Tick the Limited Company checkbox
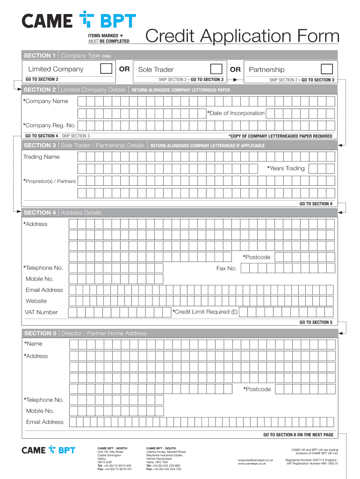point(106,69)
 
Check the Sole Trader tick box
point(216,69)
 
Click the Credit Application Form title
point(242,37)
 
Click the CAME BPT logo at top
point(79,21)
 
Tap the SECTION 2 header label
point(40,90)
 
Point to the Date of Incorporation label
point(237,113)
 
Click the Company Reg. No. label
point(50,125)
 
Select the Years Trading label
point(286,168)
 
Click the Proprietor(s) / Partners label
point(50,181)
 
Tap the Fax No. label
point(226,269)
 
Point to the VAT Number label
point(41,312)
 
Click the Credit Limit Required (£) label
point(205,312)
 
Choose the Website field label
point(36,301)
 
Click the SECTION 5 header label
point(40,334)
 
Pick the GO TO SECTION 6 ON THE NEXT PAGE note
point(298,435)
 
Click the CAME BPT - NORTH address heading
point(112,448)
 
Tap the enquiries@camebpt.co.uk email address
point(255,460)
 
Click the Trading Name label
point(42,157)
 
